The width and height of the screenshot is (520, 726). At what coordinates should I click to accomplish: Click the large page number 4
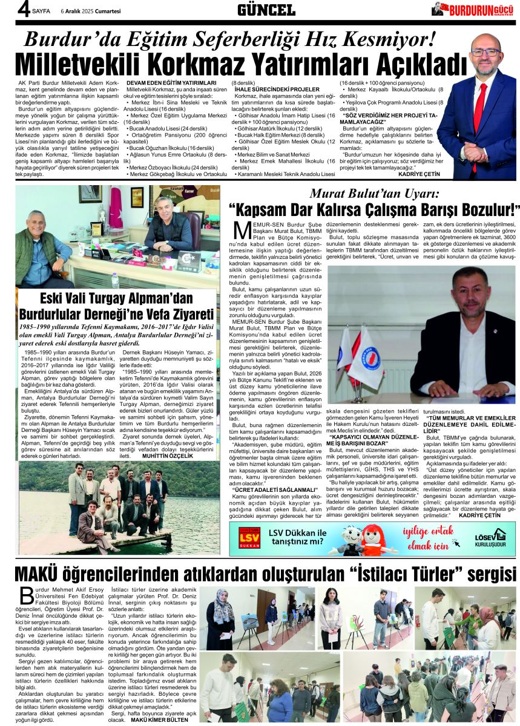pyautogui.click(x=8, y=9)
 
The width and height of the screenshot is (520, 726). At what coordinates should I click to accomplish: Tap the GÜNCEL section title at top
pyautogui.click(x=266, y=9)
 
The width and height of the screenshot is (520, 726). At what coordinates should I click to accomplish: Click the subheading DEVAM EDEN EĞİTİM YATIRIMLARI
pyautogui.click(x=171, y=82)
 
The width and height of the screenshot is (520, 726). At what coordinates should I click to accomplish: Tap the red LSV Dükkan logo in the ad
pyautogui.click(x=249, y=537)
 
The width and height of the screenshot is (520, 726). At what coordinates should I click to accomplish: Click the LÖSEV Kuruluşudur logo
pyautogui.click(x=490, y=537)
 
